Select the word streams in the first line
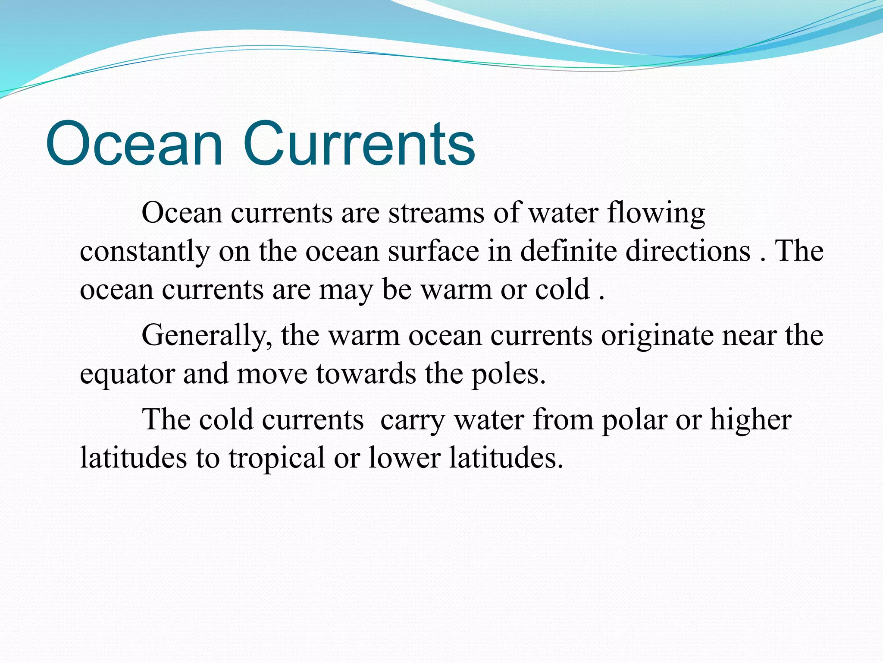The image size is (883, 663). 436,213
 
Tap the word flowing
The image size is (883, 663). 656,213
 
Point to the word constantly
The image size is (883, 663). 144,252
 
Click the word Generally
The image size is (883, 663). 206,336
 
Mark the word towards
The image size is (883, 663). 366,374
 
